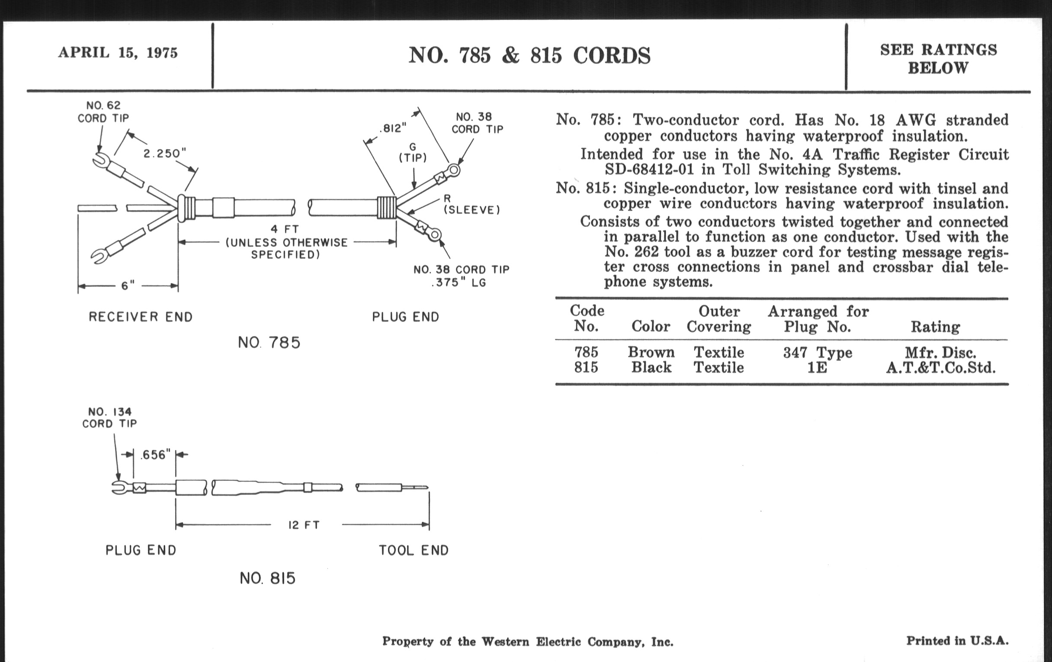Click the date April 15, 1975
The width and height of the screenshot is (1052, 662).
(x=118, y=53)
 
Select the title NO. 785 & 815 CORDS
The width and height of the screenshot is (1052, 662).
(x=529, y=56)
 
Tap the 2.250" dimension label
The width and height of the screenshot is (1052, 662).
(x=165, y=153)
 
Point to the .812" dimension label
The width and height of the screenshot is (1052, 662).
(x=392, y=128)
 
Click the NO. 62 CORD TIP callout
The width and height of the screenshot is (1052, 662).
(x=103, y=112)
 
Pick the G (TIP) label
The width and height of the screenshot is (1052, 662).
(x=412, y=152)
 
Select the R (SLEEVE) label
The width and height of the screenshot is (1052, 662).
(x=471, y=205)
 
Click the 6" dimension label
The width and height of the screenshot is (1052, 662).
(x=128, y=286)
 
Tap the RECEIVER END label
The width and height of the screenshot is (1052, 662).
(x=140, y=317)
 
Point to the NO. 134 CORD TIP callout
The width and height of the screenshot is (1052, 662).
(x=110, y=418)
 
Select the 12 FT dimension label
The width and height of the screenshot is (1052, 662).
(x=304, y=525)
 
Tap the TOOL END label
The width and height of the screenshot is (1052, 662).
(x=413, y=550)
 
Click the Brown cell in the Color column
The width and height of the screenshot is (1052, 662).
(x=651, y=352)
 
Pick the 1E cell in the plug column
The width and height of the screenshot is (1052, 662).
(x=817, y=367)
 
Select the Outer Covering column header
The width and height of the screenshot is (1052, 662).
(x=718, y=319)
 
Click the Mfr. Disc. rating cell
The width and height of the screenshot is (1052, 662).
(x=940, y=353)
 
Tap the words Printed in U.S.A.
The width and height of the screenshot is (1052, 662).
(x=957, y=641)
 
